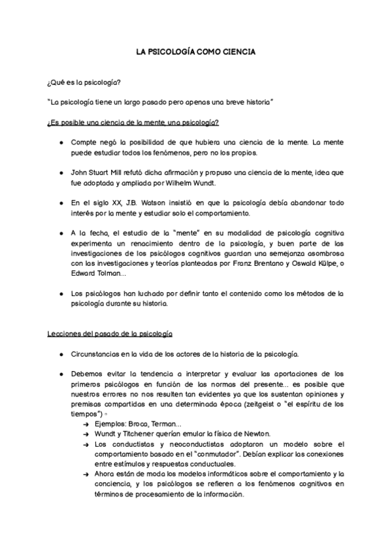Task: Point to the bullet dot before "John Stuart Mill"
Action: click(61, 172)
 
